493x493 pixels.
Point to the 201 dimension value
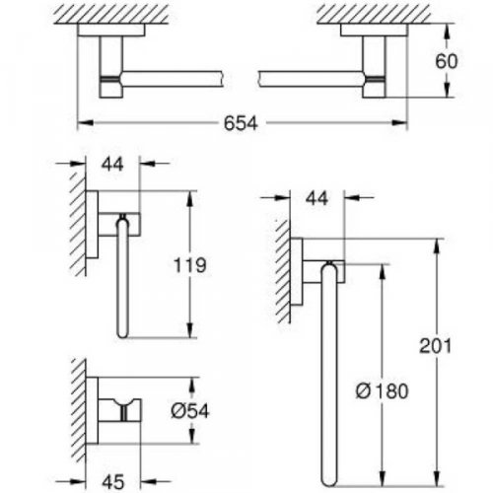click(x=441, y=345)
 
